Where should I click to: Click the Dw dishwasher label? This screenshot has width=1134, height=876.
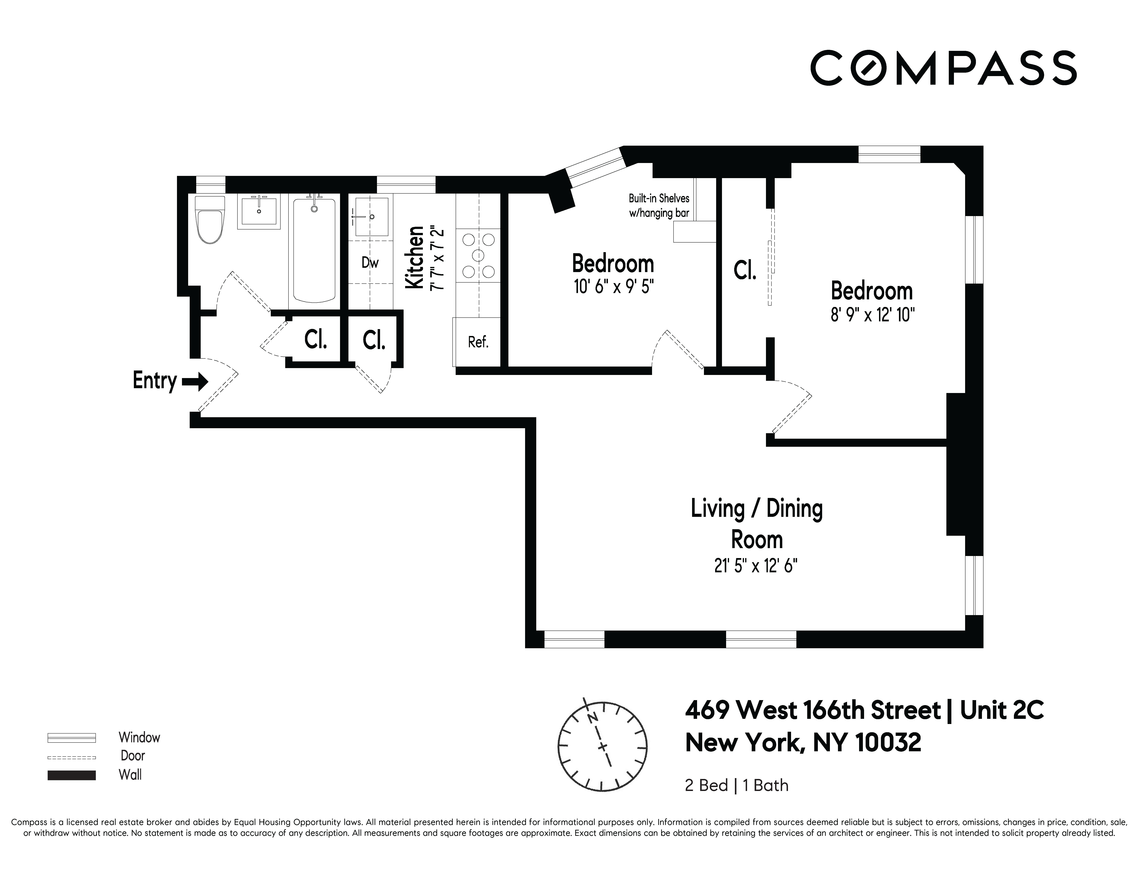[370, 263]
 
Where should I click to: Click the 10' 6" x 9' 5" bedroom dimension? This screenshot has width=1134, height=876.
[613, 287]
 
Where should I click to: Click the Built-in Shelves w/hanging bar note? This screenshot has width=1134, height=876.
[658, 205]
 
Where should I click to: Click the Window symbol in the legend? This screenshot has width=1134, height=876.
[72, 737]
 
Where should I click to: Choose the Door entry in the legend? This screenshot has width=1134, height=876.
[132, 756]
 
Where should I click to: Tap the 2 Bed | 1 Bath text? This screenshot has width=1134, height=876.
[736, 785]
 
